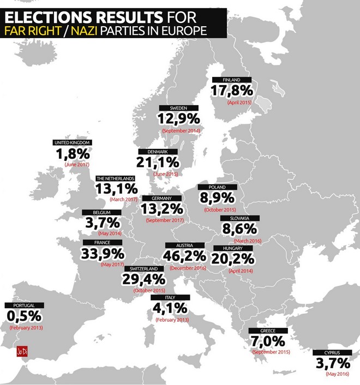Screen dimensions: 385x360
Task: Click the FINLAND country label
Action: (x=231, y=80)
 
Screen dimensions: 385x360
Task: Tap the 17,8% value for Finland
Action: (x=233, y=91)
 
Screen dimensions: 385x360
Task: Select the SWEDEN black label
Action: (x=178, y=108)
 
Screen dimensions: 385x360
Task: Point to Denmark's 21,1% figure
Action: (x=157, y=162)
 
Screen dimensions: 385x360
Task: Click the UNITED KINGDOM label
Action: (x=72, y=143)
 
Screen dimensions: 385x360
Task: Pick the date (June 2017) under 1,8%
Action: (x=76, y=164)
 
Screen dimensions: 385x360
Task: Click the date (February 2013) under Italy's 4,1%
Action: (x=172, y=320)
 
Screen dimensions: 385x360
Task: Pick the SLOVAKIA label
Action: (x=240, y=218)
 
